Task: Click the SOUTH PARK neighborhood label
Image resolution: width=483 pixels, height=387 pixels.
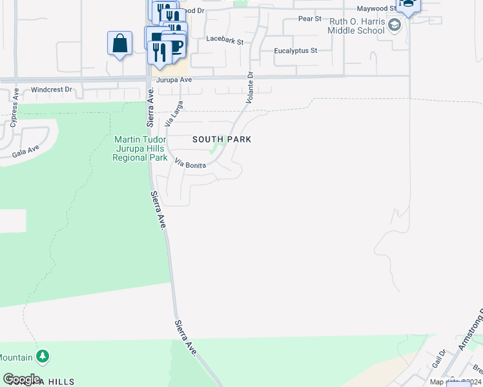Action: [221, 139]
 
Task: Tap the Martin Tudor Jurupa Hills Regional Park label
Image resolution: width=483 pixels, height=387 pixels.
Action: [140, 148]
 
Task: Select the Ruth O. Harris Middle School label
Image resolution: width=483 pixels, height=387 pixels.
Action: [357, 26]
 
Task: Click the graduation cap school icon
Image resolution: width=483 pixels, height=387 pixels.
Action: [396, 26]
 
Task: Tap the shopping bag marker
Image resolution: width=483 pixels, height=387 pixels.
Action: [119, 44]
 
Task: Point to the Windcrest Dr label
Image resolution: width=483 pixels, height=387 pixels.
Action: [51, 90]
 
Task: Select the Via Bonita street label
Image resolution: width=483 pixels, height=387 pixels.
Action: [190, 165]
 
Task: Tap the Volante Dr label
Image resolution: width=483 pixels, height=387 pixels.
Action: [251, 88]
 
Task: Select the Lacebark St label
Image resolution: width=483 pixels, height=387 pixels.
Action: [224, 40]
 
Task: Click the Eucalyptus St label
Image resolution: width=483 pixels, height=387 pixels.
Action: [296, 50]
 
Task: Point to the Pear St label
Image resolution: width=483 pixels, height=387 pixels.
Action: [310, 19]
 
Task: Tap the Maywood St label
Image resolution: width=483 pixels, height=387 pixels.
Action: [374, 8]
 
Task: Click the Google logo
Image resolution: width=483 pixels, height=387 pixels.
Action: [21, 379]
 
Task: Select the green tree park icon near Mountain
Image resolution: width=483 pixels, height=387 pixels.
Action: [43, 356]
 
